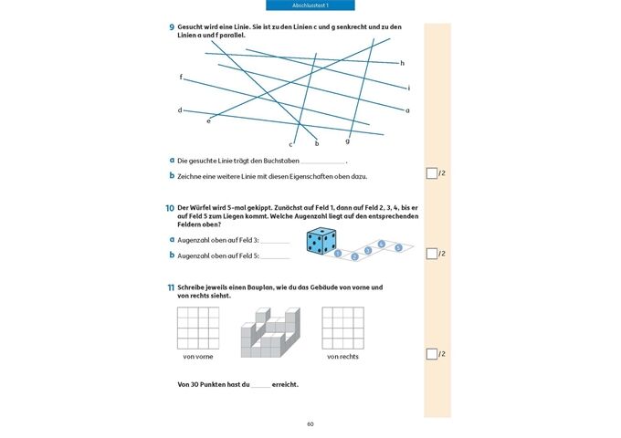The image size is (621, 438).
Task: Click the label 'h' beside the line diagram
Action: pyautogui.click(x=402, y=63)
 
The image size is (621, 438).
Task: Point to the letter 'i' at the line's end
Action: pyautogui.click(x=408, y=89)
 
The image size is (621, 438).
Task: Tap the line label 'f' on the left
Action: pyautogui.click(x=181, y=77)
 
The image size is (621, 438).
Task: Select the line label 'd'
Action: pyautogui.click(x=180, y=110)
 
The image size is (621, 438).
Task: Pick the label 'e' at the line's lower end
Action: pyautogui.click(x=208, y=120)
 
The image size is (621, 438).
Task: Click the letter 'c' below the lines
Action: pyautogui.click(x=290, y=144)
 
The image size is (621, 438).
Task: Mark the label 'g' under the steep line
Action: pyautogui.click(x=348, y=141)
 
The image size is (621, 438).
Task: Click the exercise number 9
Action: pyautogui.click(x=171, y=28)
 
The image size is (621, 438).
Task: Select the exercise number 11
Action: pyautogui.click(x=171, y=287)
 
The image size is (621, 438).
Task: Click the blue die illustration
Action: pyautogui.click(x=321, y=241)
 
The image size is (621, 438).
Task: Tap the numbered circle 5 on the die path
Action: pyautogui.click(x=398, y=247)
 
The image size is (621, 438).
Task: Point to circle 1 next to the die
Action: pyautogui.click(x=338, y=254)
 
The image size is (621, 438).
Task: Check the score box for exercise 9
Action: pyautogui.click(x=431, y=173)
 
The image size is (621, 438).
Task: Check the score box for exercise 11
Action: pyautogui.click(x=431, y=354)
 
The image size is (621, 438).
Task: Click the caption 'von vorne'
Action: pyautogui.click(x=197, y=357)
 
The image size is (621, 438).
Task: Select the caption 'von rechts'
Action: pyautogui.click(x=342, y=357)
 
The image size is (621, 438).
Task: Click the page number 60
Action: pyautogui.click(x=310, y=423)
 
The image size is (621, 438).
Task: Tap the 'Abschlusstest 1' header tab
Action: pyautogui.click(x=310, y=5)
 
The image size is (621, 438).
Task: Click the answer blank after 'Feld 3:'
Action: pyautogui.click(x=275, y=240)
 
